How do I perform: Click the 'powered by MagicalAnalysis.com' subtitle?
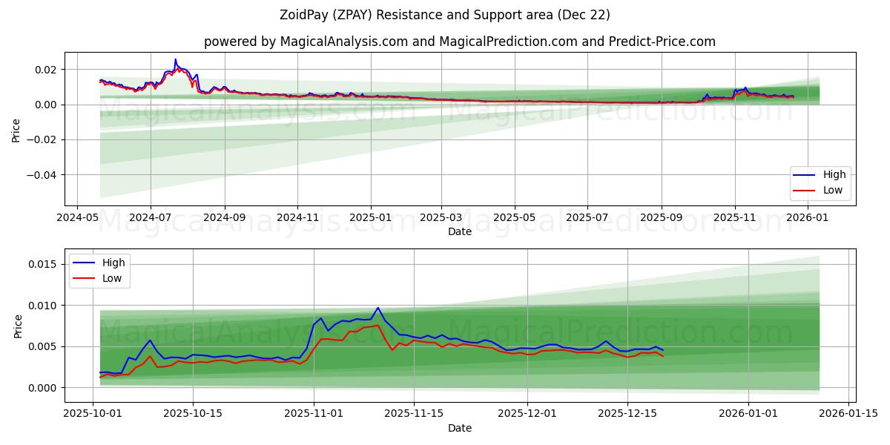(460, 42)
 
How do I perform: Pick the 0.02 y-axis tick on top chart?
(47, 70)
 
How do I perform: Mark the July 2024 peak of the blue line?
(176, 59)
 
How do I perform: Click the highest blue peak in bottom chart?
(378, 308)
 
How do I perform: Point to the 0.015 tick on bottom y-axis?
(42, 264)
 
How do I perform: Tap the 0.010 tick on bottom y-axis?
(42, 306)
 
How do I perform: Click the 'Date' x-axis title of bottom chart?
(460, 428)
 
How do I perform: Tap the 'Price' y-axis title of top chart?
(16, 131)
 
